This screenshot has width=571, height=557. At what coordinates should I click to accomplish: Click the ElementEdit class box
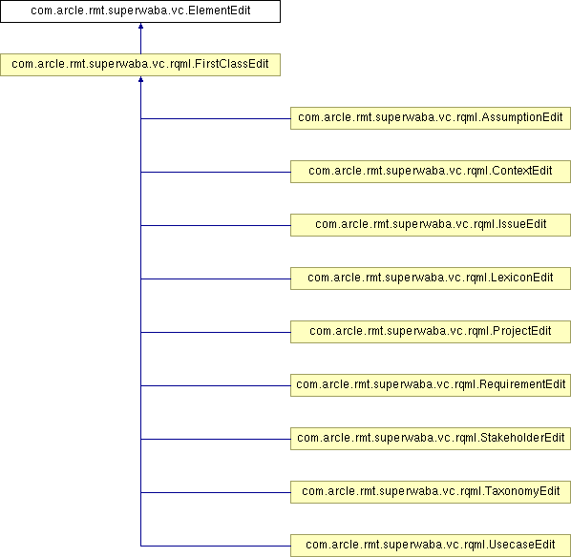pyautogui.click(x=140, y=11)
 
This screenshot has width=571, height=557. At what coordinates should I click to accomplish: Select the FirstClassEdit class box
pyautogui.click(x=140, y=65)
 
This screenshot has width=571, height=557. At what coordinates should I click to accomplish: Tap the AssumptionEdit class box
pyautogui.click(x=431, y=118)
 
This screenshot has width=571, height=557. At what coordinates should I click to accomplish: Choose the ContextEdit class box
pyautogui.click(x=431, y=172)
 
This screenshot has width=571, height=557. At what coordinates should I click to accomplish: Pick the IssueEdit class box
pyautogui.click(x=431, y=225)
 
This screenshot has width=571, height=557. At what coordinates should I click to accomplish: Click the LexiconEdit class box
pyautogui.click(x=431, y=278)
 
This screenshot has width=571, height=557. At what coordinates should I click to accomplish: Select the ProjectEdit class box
pyautogui.click(x=431, y=332)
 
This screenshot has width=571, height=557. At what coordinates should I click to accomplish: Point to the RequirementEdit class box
pyautogui.click(x=431, y=385)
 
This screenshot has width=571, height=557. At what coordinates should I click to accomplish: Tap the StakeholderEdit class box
pyautogui.click(x=431, y=439)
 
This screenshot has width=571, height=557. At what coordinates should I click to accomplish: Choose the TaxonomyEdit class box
pyautogui.click(x=431, y=492)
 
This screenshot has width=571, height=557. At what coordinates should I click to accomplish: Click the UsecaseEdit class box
pyautogui.click(x=431, y=546)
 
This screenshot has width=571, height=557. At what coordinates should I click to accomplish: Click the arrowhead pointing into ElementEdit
pyautogui.click(x=140, y=26)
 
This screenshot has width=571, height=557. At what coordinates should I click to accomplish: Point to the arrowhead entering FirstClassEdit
pyautogui.click(x=140, y=79)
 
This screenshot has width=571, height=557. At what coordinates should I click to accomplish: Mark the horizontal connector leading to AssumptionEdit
pyautogui.click(x=216, y=118)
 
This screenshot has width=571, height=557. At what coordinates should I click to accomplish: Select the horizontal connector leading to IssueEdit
pyautogui.click(x=216, y=225)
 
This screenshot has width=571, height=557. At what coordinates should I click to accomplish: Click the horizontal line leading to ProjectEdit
pyautogui.click(x=216, y=332)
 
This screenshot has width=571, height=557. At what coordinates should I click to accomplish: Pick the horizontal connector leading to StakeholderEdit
pyautogui.click(x=216, y=439)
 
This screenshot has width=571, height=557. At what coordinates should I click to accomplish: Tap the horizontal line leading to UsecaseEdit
pyautogui.click(x=216, y=546)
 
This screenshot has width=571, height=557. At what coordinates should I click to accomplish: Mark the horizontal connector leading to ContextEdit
pyautogui.click(x=216, y=172)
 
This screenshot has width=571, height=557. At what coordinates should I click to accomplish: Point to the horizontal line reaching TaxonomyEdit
pyautogui.click(x=216, y=492)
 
